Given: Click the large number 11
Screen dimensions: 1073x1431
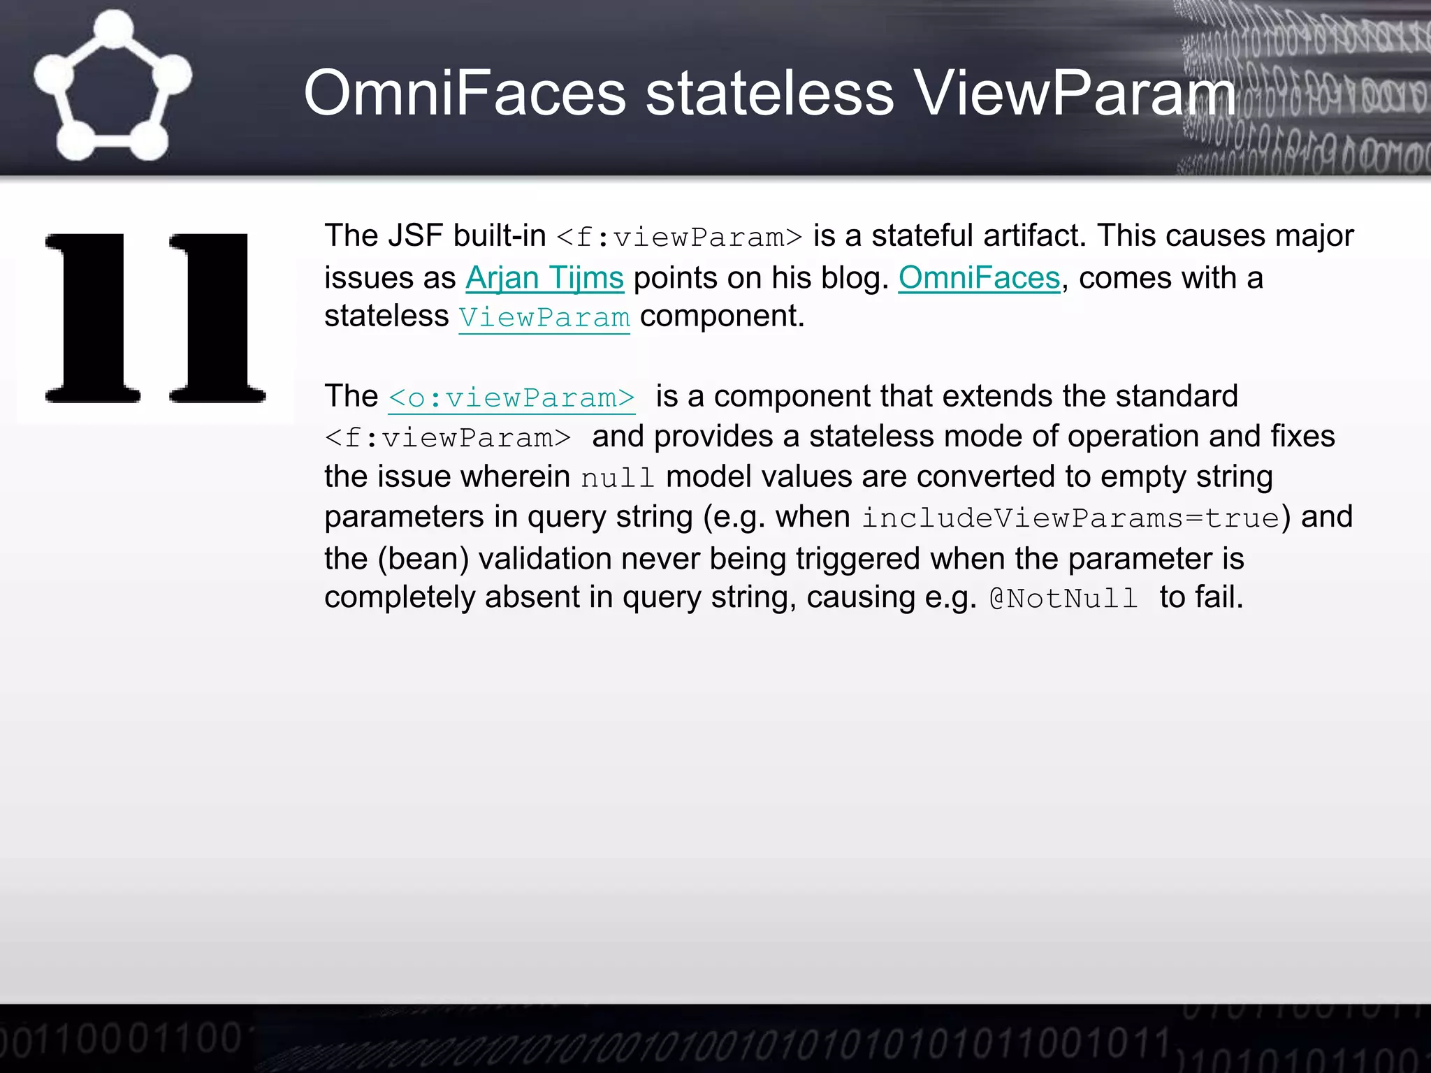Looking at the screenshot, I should [155, 319].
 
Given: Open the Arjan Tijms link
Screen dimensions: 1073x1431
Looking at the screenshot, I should [544, 278].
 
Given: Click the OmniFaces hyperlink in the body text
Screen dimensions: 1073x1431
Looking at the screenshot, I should [979, 278].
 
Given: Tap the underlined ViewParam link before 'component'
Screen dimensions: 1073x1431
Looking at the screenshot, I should [544, 317].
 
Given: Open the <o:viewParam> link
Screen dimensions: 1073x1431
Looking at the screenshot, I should [511, 397].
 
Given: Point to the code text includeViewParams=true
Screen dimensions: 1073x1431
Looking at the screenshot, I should [1070, 518].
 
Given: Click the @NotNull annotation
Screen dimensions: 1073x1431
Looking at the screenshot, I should [1063, 599].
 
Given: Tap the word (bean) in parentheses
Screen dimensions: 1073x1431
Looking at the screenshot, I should [423, 559].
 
